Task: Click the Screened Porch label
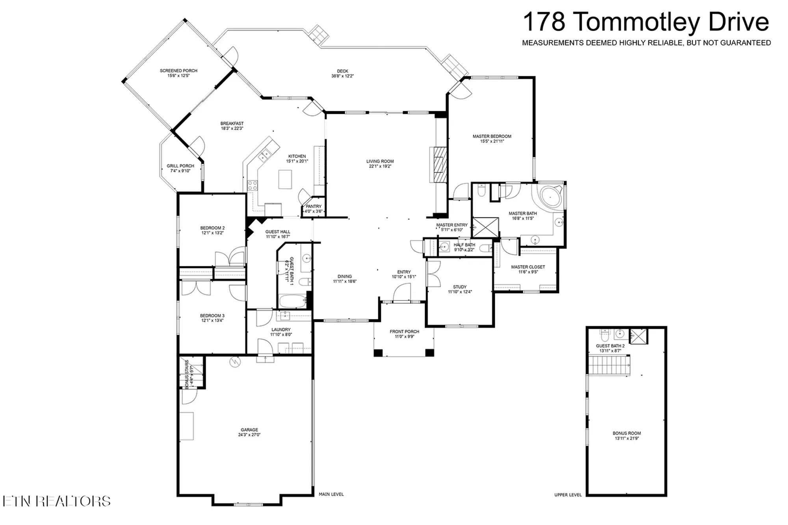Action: [x=178, y=71]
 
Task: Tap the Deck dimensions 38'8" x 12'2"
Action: [x=342, y=76]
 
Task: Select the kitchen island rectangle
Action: [x=285, y=179]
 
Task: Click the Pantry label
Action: [x=314, y=206]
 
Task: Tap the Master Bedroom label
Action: [x=492, y=136]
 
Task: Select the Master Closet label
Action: [x=528, y=267]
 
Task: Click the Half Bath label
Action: [x=464, y=245]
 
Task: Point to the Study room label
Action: [x=460, y=287]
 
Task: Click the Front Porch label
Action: [x=404, y=332]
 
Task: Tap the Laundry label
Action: [x=281, y=330]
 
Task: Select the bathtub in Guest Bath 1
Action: [x=292, y=302]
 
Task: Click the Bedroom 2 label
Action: [x=212, y=228]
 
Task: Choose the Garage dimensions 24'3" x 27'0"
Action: [x=249, y=435]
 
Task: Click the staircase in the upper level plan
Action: [x=609, y=365]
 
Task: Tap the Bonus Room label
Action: [x=626, y=433]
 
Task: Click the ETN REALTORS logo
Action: [x=56, y=501]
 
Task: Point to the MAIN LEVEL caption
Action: [x=331, y=494]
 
